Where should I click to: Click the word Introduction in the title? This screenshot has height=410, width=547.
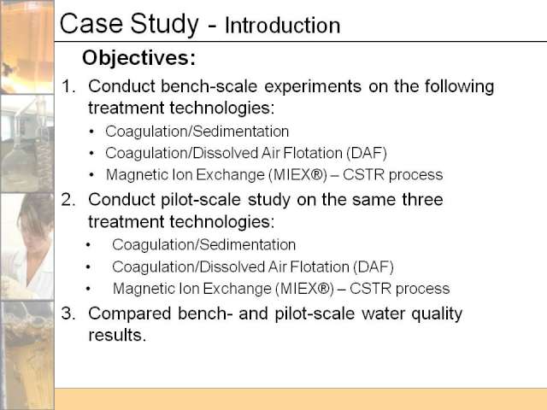(x=283, y=26)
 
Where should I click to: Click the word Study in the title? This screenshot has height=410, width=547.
(x=165, y=24)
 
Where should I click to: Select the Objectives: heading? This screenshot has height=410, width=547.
(x=138, y=57)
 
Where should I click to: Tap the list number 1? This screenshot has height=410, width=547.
(x=68, y=86)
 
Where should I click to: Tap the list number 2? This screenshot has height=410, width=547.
(x=68, y=200)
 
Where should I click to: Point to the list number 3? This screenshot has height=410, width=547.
(x=68, y=313)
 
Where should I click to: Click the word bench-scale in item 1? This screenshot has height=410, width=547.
(x=209, y=86)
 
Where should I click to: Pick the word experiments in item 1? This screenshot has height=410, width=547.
(x=313, y=87)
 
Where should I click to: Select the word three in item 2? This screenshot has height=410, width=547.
(x=422, y=199)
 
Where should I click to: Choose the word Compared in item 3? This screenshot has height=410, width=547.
(x=129, y=314)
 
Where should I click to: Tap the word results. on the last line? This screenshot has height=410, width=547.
(x=117, y=336)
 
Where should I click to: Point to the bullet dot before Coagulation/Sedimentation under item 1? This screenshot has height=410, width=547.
(x=91, y=132)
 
